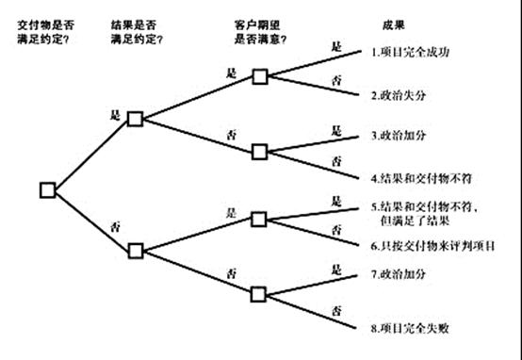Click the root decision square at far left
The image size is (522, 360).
[x=48, y=189]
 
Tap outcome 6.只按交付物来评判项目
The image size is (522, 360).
[x=433, y=244]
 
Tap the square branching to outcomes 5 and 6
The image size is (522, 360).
[x=260, y=219]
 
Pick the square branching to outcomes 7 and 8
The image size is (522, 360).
[x=260, y=293]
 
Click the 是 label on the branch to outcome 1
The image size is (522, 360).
[x=335, y=44]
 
